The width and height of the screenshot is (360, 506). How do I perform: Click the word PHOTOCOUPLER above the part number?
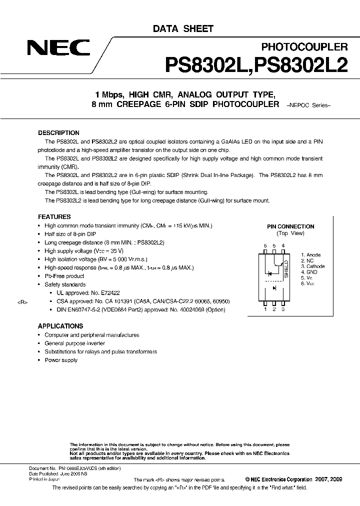pyautogui.click(x=304, y=47)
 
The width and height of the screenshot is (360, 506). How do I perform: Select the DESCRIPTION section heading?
pyautogui.click(x=58, y=133)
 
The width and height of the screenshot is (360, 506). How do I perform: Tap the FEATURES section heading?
pyautogui.click(x=54, y=217)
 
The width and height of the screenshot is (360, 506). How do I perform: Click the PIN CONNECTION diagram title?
pyautogui.click(x=290, y=226)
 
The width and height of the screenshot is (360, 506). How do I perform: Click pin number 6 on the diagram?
pyautogui.click(x=265, y=245)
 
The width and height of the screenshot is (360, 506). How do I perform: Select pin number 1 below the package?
pyautogui.click(x=265, y=309)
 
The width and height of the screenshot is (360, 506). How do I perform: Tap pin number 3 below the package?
pyautogui.click(x=283, y=309)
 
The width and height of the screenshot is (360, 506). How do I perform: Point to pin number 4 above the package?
pyautogui.click(x=283, y=245)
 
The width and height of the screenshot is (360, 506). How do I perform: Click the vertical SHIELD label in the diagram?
pyautogui.click(x=286, y=269)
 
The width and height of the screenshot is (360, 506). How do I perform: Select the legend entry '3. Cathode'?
pyautogui.click(x=312, y=266)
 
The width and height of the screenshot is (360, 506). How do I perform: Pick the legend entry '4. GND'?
pyautogui.click(x=309, y=272)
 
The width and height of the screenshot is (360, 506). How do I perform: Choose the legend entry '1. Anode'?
pyautogui.click(x=310, y=255)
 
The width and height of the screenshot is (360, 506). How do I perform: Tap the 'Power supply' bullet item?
pyautogui.click(x=61, y=360)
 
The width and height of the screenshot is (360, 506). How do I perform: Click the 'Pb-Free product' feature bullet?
pyautogui.click(x=64, y=276)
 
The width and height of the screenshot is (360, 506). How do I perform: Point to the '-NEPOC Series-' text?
pyautogui.click(x=309, y=105)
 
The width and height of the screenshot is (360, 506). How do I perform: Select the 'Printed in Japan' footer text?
pyautogui.click(x=44, y=479)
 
